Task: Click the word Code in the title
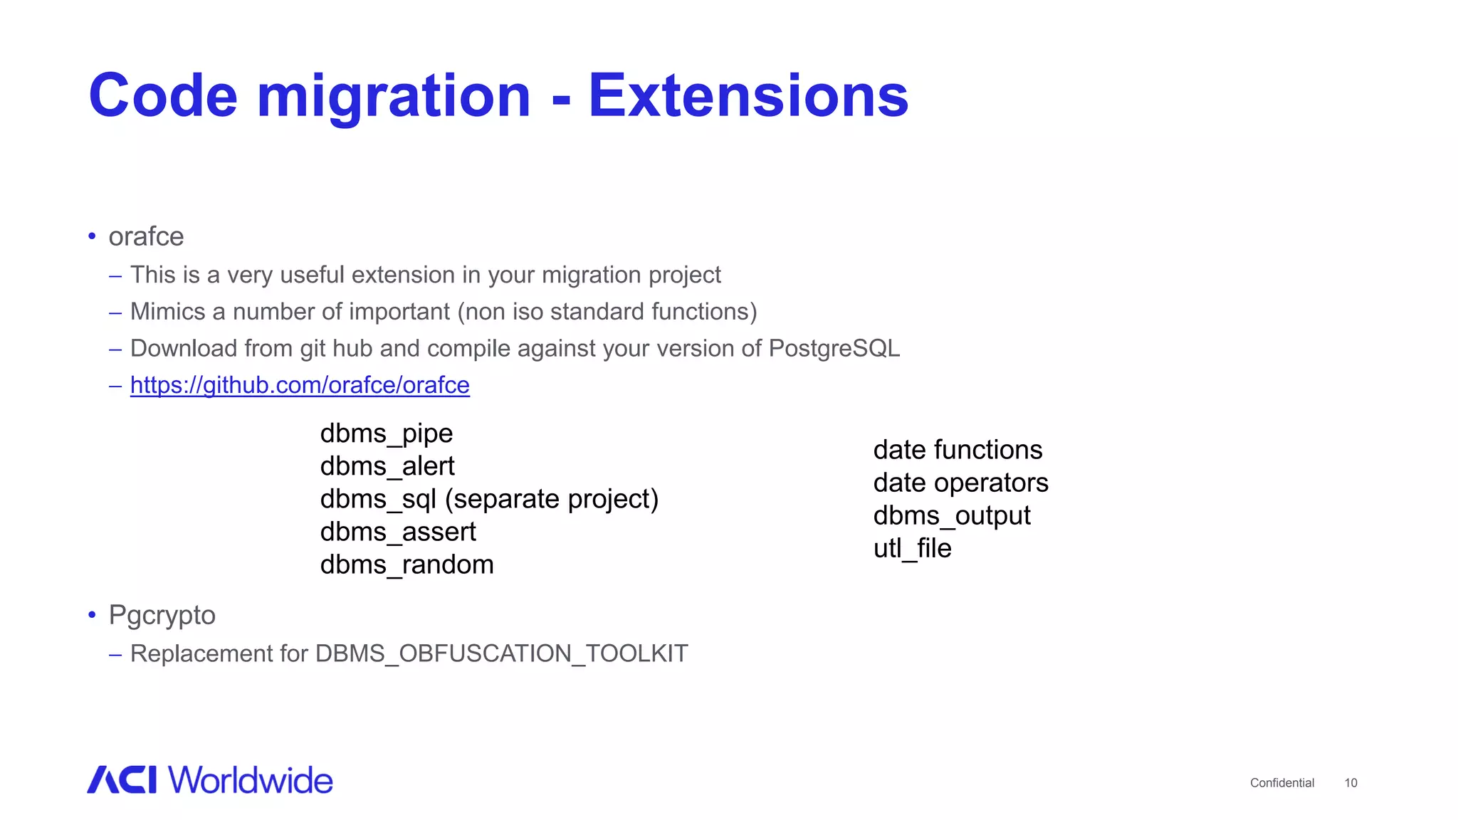163,96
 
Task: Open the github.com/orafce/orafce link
300,385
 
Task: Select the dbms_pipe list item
387,433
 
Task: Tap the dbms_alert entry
387,466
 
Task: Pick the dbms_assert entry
398,532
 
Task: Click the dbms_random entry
407,564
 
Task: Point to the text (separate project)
552,499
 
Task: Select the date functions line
958,450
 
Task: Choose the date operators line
960,483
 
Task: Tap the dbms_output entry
952,515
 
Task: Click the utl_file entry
912,548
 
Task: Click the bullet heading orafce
146,236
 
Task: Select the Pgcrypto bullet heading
162,615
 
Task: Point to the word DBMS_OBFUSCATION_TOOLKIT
501,653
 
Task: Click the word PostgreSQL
834,348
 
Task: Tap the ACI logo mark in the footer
122,779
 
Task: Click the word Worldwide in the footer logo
251,780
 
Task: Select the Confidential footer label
1281,783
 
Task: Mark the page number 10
1351,783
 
